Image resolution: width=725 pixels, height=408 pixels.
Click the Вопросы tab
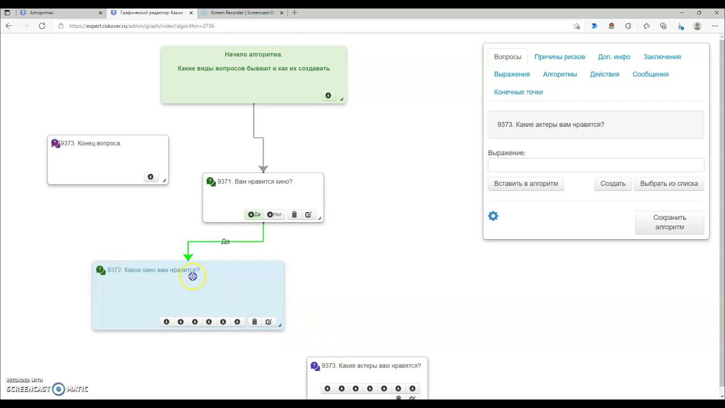tap(507, 57)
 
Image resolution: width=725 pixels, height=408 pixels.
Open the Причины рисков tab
tap(560, 57)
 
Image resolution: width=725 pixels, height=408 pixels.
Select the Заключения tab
tap(662, 57)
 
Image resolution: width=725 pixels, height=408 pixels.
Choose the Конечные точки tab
tap(518, 92)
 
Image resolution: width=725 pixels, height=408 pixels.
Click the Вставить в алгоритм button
tap(526, 184)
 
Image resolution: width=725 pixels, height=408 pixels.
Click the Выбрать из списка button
tap(669, 184)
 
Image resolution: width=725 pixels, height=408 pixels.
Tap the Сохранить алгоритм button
tap(669, 222)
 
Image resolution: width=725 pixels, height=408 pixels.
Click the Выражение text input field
tap(596, 165)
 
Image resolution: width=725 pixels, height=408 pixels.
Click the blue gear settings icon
tap(493, 216)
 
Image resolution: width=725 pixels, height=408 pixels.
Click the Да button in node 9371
tap(254, 215)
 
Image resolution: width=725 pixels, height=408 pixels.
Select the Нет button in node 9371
tap(274, 215)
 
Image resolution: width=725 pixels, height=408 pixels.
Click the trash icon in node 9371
tap(294, 215)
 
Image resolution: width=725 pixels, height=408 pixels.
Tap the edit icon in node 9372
tap(268, 322)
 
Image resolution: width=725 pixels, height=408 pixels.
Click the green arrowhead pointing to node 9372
tap(188, 257)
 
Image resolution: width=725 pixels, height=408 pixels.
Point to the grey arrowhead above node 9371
tap(263, 168)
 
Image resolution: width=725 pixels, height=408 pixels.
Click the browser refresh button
tap(42, 26)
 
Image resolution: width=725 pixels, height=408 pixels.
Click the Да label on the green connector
tap(225, 241)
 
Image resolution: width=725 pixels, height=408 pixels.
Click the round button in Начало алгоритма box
tap(328, 96)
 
